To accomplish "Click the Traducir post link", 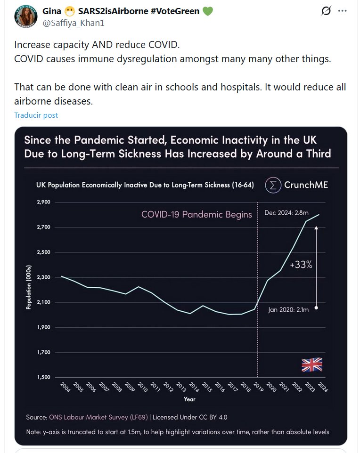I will click(36, 115).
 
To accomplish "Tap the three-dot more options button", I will click(342, 11).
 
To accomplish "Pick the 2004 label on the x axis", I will click(65, 388).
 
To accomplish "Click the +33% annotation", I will click(301, 265).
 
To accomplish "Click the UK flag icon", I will click(312, 364).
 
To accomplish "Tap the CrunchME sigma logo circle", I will click(272, 185).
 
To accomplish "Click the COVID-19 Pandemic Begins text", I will click(196, 215).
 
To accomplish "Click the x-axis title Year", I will click(189, 399).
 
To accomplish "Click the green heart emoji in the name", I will click(208, 10).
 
